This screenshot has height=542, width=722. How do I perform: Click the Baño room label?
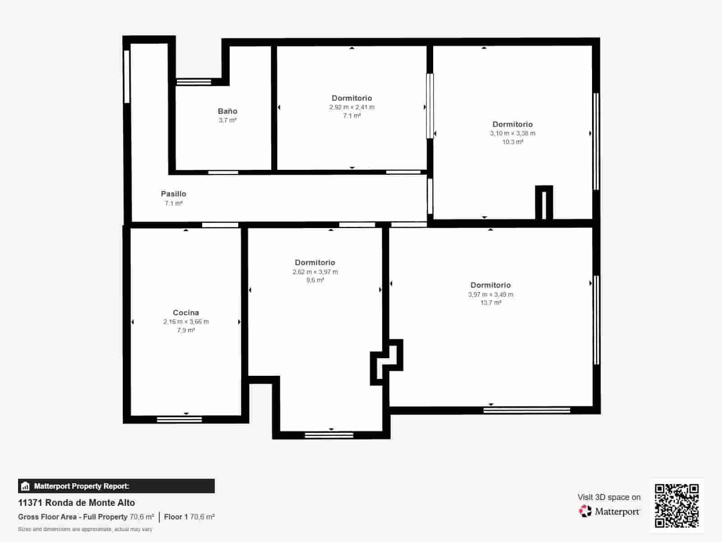(227, 111)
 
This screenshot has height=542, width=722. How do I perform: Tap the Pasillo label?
(174, 194)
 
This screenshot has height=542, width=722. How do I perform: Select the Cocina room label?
(186, 313)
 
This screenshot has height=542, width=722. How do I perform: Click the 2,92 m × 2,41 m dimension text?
(352, 107)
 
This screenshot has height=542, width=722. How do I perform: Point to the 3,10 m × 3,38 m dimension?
(513, 133)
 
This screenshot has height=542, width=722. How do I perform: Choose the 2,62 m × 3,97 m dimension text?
(315, 272)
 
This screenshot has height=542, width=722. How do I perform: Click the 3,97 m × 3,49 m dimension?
(491, 294)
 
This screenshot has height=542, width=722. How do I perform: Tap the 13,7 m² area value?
(491, 303)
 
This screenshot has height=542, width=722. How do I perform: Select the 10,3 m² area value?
(513, 142)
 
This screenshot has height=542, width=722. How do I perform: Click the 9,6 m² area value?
(315, 280)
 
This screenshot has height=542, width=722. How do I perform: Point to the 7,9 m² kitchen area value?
(186, 330)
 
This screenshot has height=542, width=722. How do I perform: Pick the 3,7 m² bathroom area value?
(227, 120)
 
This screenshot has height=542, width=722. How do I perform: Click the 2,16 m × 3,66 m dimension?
(186, 322)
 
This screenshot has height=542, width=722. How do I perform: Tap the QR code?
(676, 505)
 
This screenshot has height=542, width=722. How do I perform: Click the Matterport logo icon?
(585, 511)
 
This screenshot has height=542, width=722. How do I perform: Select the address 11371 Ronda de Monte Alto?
(76, 503)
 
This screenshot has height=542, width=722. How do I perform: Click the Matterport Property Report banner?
(116, 486)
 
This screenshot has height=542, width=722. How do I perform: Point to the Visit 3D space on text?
(609, 497)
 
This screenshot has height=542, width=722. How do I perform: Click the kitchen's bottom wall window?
(179, 420)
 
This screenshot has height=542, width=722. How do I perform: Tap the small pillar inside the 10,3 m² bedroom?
(544, 203)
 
